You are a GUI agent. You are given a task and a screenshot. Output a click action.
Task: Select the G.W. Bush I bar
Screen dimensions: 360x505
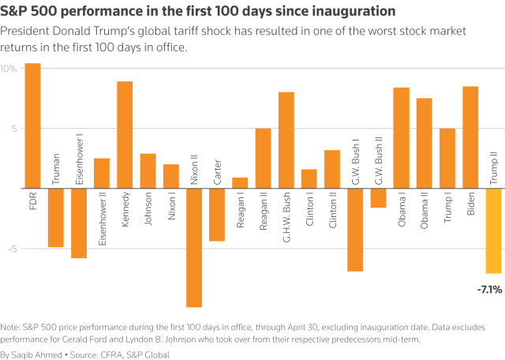pos(355,230)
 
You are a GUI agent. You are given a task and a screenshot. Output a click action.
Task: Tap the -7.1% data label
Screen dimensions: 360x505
pos(489,290)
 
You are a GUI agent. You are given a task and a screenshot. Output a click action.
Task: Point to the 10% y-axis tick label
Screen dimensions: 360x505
pos(9,69)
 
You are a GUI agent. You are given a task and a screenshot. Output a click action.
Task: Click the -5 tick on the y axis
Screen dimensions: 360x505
pos(10,249)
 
